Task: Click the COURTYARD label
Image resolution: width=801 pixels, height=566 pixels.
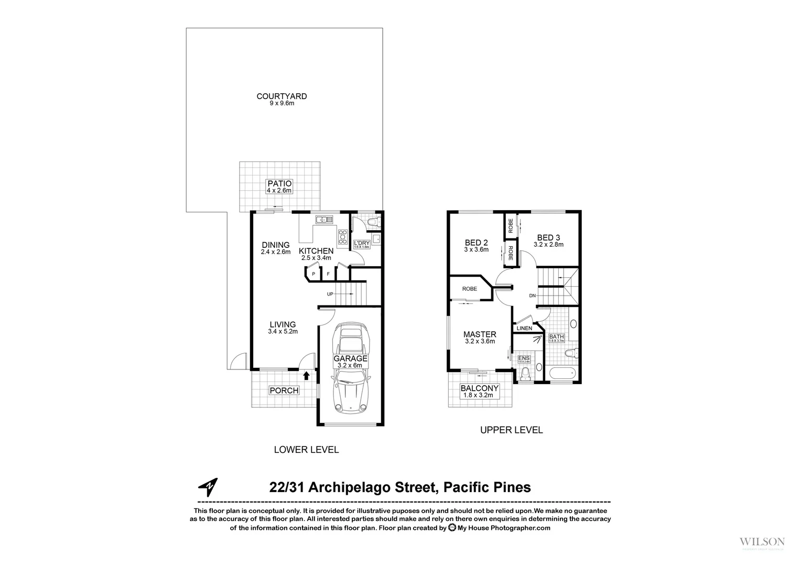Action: pos(282,96)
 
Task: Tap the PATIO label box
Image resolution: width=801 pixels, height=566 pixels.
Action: pos(279,187)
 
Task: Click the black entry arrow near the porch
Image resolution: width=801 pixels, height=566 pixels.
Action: pos(306,375)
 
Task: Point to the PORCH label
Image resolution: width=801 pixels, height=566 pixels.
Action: pos(284,390)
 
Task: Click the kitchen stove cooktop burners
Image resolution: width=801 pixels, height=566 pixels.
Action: pos(343,237)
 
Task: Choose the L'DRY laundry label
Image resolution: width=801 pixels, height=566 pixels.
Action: pos(362,244)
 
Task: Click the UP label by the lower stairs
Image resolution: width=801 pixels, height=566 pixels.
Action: pos(330,294)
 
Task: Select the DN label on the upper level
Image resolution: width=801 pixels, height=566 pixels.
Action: pos(533,296)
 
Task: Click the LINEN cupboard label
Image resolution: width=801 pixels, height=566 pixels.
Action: pos(524,329)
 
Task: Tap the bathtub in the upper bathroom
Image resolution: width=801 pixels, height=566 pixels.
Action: pos(563,374)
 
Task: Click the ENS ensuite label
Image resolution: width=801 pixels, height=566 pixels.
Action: pos(524,359)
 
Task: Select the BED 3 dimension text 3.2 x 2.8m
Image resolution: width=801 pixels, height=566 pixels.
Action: pos(548,245)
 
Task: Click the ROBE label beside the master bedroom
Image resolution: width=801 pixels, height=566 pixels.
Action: pos(469,289)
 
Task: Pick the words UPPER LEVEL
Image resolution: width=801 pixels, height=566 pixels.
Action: pos(511,430)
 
